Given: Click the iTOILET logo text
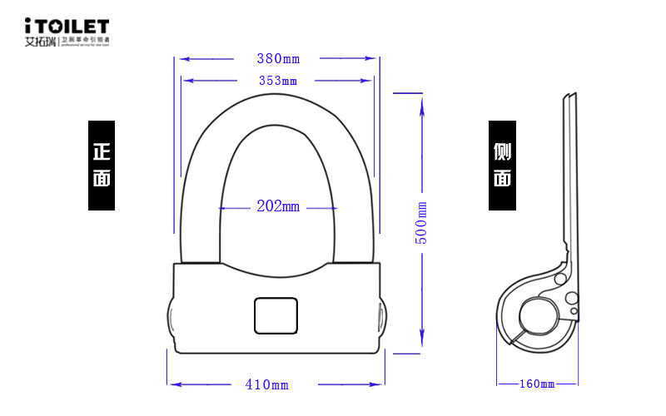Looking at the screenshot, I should (x=67, y=25).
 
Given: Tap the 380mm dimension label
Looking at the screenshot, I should (x=278, y=59).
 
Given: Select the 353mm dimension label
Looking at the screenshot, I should (x=278, y=81).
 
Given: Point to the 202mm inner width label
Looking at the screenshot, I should (x=277, y=206).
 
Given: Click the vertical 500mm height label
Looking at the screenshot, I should (x=422, y=222).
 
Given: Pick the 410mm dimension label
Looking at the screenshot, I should (x=266, y=384).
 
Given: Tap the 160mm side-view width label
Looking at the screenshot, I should (x=536, y=384).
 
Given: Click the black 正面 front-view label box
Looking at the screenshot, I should (x=102, y=166).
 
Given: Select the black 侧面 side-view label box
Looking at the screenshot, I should (x=502, y=166).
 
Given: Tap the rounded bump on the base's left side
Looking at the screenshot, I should (x=171, y=318).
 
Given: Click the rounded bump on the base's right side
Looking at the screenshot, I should (x=382, y=318).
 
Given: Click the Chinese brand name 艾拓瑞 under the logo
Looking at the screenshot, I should (x=40, y=40).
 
